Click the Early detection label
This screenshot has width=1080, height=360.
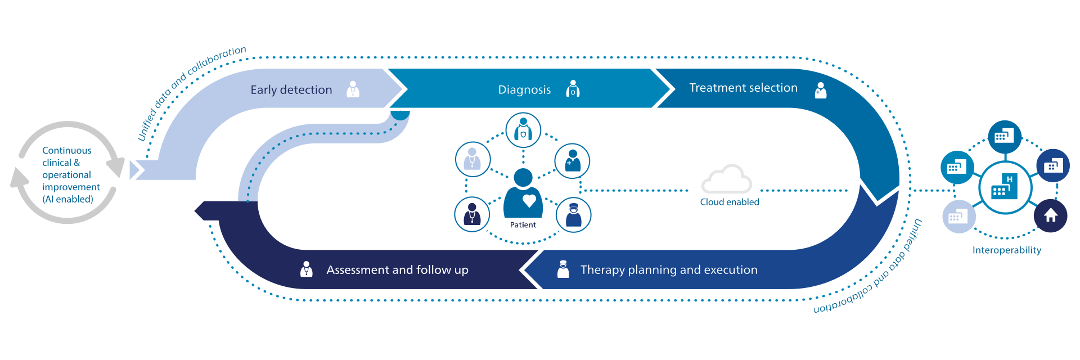pos(291,90)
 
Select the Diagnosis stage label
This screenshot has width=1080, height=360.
pos(524,90)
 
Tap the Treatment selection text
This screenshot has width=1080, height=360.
pos(743,88)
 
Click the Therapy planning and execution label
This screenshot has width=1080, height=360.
pos(669,270)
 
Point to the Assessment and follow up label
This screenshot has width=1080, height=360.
pos(397,270)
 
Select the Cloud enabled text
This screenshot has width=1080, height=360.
pos(730,202)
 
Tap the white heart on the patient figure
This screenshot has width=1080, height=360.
pos(529,200)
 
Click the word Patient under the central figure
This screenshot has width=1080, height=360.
pos(523,225)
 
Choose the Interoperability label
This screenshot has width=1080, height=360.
pos(1007,250)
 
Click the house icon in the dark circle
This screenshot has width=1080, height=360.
pos(1050,215)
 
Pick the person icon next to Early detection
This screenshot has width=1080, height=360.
pos(353,89)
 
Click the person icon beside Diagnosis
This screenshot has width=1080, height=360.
pos(573,89)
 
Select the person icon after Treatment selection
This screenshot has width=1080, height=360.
pos(821,90)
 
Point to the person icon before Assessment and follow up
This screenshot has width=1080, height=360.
pos(306,269)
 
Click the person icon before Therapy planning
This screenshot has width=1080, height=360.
pos(562,269)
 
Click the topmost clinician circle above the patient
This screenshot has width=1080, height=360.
pos(523,129)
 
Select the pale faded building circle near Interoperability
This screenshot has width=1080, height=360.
pos(958,217)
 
